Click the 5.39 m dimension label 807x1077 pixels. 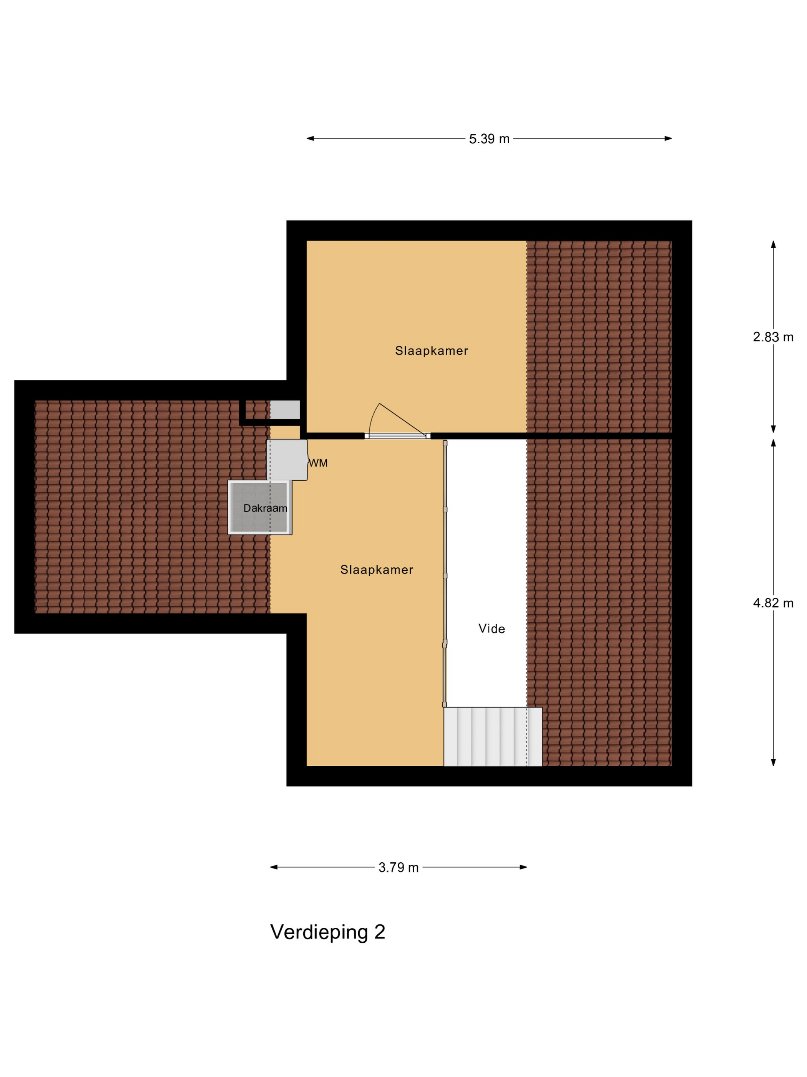[x=489, y=139]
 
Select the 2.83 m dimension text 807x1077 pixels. [x=773, y=337]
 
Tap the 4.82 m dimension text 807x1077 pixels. [x=773, y=603]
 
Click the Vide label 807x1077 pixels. [x=491, y=629]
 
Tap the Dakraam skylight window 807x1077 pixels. [x=260, y=507]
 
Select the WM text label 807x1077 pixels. [x=319, y=463]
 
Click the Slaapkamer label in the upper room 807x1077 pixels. [x=431, y=350]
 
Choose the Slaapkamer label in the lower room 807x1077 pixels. [x=377, y=570]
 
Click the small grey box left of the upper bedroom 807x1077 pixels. [x=285, y=410]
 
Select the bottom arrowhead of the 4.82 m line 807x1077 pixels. [x=773, y=762]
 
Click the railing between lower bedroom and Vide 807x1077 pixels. [x=445, y=575]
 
